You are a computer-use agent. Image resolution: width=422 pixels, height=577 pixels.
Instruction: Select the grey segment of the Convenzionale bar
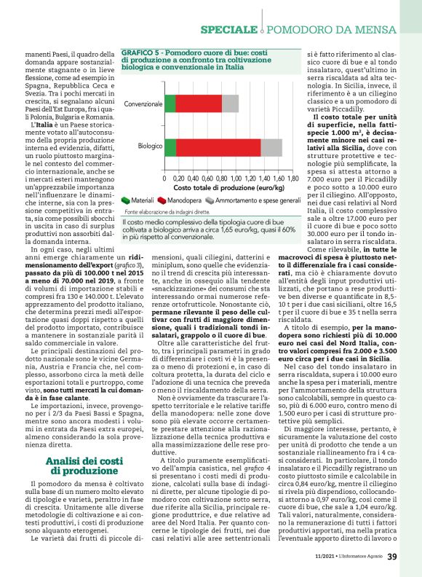click(230, 103)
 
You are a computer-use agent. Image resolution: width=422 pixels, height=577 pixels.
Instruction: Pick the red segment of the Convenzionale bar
click(198, 103)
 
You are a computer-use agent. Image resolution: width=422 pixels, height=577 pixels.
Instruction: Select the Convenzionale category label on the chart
click(143, 104)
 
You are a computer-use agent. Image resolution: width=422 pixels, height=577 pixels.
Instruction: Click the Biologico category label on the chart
click(150, 146)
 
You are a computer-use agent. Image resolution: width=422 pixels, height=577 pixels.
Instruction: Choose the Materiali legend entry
click(137, 200)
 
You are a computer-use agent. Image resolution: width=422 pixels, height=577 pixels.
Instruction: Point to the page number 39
click(392, 557)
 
